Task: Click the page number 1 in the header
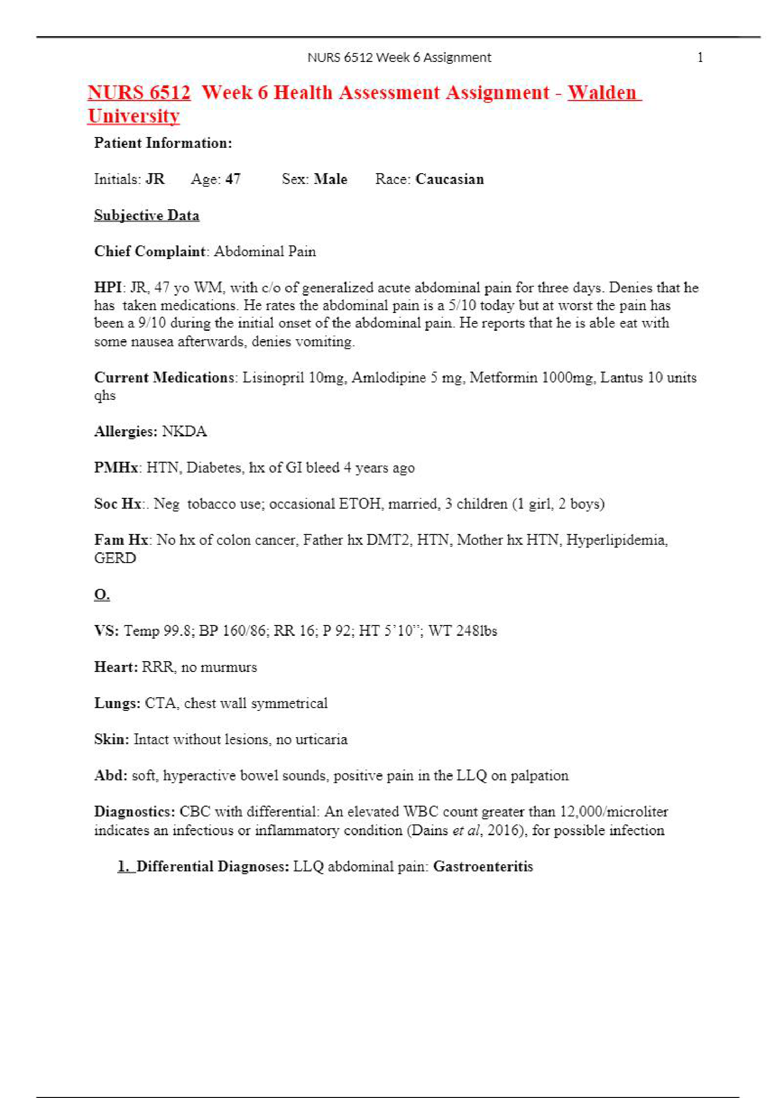(x=700, y=58)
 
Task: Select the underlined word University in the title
(x=133, y=116)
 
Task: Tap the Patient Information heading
(x=163, y=143)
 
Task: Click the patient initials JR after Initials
(x=155, y=179)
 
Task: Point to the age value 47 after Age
(x=233, y=179)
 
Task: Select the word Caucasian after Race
(x=449, y=179)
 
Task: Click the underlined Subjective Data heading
(x=146, y=216)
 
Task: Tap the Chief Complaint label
(x=150, y=252)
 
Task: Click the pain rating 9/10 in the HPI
(x=152, y=323)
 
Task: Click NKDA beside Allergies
(x=184, y=432)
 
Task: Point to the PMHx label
(x=116, y=468)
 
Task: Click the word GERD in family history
(x=115, y=558)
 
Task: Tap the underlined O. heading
(x=102, y=595)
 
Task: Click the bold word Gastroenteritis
(x=483, y=867)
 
